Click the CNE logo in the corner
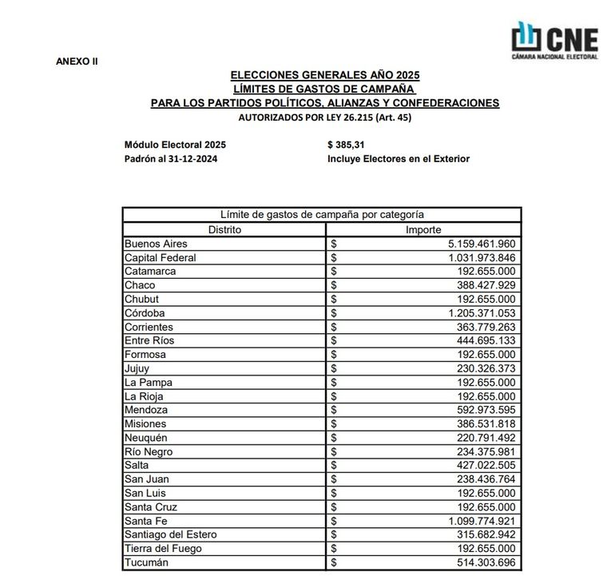(554, 39)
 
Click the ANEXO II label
(77, 62)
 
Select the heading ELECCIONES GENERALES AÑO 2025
(324, 74)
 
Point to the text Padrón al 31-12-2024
(171, 158)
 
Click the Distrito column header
(224, 229)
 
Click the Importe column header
(424, 229)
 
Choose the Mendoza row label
(146, 410)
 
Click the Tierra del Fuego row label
(163, 549)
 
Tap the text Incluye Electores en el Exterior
(399, 158)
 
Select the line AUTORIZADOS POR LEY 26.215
(324, 117)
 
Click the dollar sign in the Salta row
(335, 466)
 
